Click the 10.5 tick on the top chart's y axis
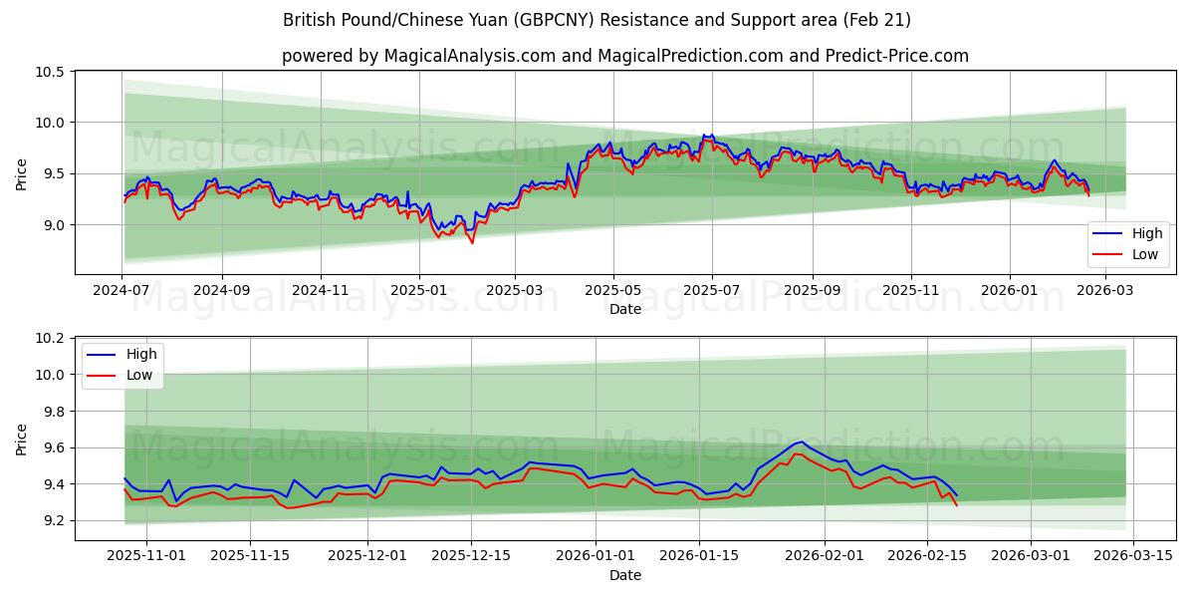click(x=51, y=72)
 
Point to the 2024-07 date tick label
click(x=122, y=289)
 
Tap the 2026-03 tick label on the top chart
click(x=1105, y=289)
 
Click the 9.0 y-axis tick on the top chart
click(x=54, y=225)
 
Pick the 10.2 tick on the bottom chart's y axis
click(x=51, y=339)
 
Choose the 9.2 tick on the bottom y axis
click(x=54, y=521)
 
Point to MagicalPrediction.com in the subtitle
click(x=687, y=56)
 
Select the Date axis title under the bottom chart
click(x=625, y=575)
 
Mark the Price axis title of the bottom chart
click(x=22, y=439)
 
